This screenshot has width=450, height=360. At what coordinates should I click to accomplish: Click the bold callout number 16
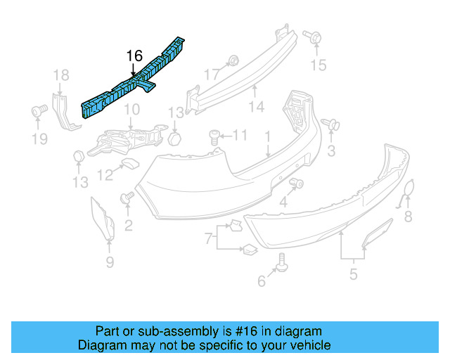pyautogui.click(x=134, y=56)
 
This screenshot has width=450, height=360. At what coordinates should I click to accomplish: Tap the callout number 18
pyautogui.click(x=61, y=75)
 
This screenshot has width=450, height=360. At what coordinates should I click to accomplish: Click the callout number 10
pyautogui.click(x=131, y=110)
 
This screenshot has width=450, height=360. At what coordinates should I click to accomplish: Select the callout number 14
pyautogui.click(x=256, y=108)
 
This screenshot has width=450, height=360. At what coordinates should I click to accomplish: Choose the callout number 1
pyautogui.click(x=267, y=135)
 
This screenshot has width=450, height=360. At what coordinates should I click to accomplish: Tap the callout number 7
pyautogui.click(x=208, y=239)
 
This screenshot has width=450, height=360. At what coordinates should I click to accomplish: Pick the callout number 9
pyautogui.click(x=109, y=263)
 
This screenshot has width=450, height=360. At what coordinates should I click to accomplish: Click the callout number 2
pyautogui.click(x=128, y=225)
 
